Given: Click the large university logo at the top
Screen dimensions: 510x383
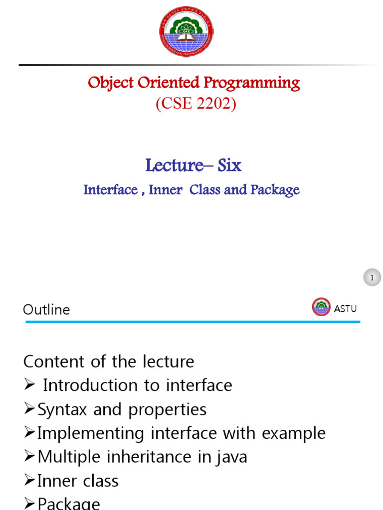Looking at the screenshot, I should click(x=186, y=31).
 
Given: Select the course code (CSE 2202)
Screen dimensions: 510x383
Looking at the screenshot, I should click(x=196, y=104).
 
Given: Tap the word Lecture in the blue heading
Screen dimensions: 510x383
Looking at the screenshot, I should click(x=175, y=165).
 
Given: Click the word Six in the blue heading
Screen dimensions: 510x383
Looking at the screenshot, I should click(x=229, y=165).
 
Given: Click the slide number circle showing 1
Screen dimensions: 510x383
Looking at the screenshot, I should click(x=372, y=277).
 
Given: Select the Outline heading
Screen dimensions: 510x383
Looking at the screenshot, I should click(x=46, y=309).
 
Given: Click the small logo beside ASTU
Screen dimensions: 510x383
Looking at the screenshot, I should click(x=321, y=307).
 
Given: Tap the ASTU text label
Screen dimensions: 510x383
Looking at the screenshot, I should click(x=345, y=308).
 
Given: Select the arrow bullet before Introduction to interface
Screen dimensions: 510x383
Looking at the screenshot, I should click(x=29, y=385).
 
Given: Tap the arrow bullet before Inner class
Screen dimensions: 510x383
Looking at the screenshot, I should click(x=29, y=481).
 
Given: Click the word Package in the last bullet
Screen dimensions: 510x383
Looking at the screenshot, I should click(x=69, y=504).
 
